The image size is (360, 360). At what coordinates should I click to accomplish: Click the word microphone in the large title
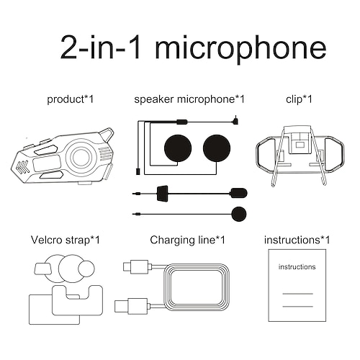[241, 48]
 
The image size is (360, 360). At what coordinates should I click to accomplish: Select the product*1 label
[71, 99]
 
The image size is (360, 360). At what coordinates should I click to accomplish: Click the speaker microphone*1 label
[189, 99]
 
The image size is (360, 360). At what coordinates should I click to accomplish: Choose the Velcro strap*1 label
[64, 239]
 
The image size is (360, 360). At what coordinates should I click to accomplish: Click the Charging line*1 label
[187, 239]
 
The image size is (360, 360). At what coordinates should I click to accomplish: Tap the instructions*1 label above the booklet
[297, 239]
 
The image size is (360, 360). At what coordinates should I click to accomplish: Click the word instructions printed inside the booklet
[297, 267]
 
